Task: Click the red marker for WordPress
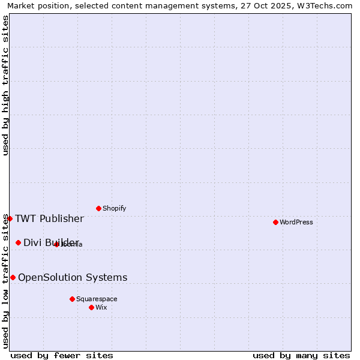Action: coord(275,222)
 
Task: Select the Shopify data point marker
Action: coord(98,208)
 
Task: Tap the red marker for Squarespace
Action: coord(72,299)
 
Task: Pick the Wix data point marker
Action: coord(91,307)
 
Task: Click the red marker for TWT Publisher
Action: coord(10,218)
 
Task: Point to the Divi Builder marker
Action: coord(18,242)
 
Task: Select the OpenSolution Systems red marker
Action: coord(13,277)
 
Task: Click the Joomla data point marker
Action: coord(56,244)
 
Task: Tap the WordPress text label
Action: coord(296,222)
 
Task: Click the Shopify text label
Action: coord(115,208)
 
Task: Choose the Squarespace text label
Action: coord(97,299)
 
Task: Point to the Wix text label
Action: coord(101,307)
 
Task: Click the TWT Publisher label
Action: coord(49,218)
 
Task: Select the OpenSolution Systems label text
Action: coord(73,277)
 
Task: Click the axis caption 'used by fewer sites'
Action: coord(62,355)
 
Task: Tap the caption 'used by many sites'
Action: coord(301,355)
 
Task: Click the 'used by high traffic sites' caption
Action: coord(5,85)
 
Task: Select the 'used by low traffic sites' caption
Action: coord(5,281)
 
